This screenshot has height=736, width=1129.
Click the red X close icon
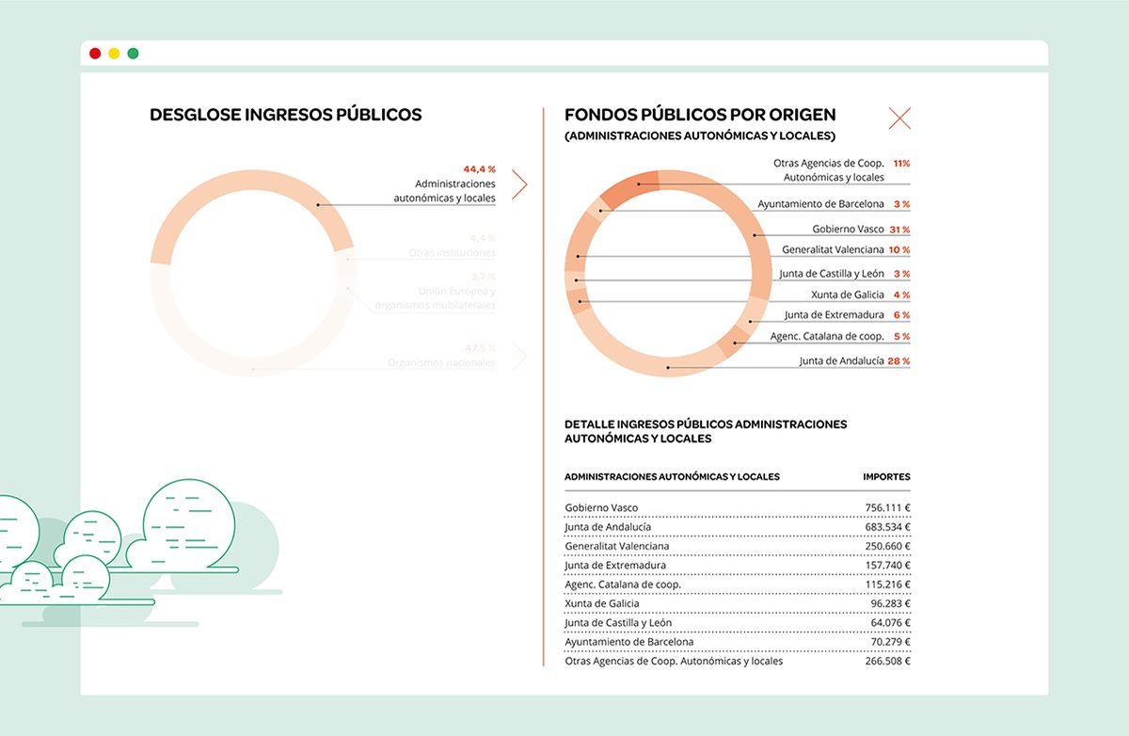[899, 119]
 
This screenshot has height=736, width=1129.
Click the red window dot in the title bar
[95, 54]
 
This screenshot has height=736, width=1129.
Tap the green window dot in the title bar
[133, 54]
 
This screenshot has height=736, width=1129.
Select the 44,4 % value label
[479, 169]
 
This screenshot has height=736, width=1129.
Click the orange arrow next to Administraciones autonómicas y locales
[518, 184]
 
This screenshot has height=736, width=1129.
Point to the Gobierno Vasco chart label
[848, 229]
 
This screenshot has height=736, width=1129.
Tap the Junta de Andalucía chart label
[841, 360]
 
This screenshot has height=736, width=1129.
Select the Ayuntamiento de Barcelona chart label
[820, 203]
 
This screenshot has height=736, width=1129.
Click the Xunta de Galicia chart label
[847, 295]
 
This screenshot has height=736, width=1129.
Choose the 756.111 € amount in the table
[887, 508]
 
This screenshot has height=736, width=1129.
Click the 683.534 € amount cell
[887, 527]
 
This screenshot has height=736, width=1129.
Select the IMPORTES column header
[886, 477]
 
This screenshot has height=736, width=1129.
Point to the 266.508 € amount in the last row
[887, 661]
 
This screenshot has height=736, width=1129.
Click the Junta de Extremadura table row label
[615, 566]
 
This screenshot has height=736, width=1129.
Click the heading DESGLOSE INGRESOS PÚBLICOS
[285, 116]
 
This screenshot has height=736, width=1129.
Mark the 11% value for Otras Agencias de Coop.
[900, 163]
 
